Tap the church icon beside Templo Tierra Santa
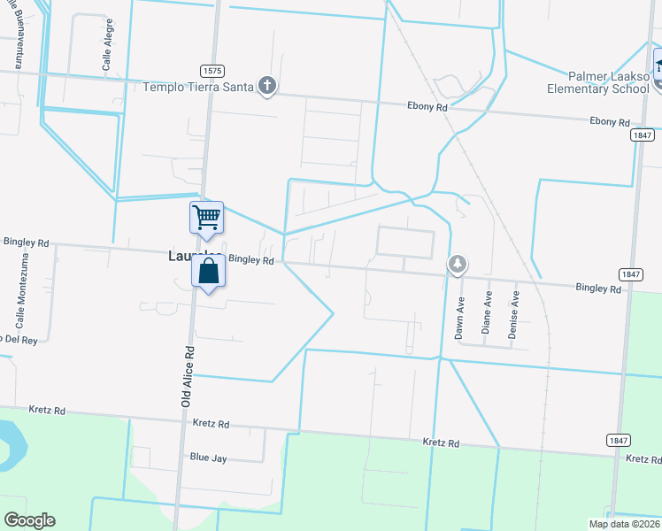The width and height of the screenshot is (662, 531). (x=267, y=86)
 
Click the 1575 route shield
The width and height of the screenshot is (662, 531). (x=212, y=71)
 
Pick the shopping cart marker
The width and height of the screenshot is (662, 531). (x=206, y=217)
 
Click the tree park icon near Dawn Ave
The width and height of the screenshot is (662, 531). (x=458, y=264)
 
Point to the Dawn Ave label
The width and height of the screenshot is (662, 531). (x=460, y=317)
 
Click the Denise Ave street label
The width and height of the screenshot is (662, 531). (x=513, y=317)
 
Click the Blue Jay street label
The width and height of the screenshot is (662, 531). (x=210, y=457)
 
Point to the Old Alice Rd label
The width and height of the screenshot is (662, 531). (x=188, y=375)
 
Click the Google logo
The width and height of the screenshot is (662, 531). (x=29, y=520)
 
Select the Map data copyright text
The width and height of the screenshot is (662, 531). (x=624, y=524)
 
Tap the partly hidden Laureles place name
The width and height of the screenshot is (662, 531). (x=181, y=257)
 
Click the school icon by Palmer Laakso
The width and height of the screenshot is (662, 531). (x=659, y=62)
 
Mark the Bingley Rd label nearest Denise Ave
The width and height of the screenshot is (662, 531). (x=597, y=289)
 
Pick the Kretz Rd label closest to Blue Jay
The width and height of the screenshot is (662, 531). (x=211, y=425)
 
